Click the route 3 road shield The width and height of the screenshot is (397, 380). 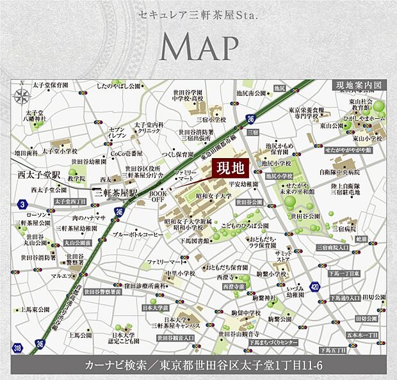(22, 203)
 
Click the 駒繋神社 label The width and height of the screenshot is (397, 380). (262, 297)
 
